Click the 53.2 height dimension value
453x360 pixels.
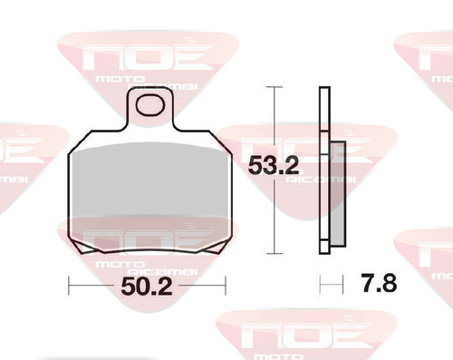coord(274,166)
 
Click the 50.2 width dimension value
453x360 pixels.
coord(147,286)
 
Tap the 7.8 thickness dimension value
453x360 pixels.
coord(379,283)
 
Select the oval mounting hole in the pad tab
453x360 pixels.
coord(150,105)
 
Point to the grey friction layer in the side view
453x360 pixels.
coord(338,193)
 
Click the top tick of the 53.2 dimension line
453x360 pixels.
coord(275,87)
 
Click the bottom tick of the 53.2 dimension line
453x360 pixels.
coord(275,254)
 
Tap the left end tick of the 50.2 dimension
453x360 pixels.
coord(69,286)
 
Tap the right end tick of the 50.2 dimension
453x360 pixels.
coord(226,286)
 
